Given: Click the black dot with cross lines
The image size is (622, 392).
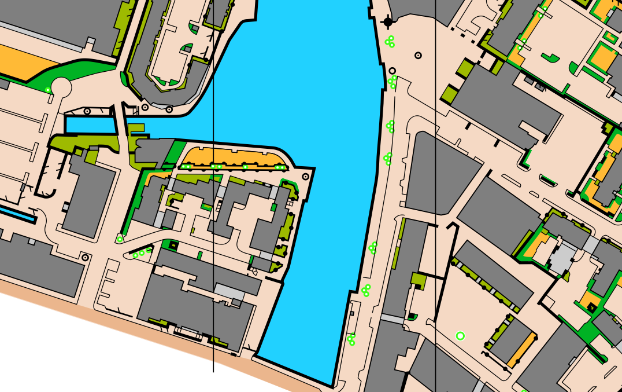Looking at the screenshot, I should coord(387,22).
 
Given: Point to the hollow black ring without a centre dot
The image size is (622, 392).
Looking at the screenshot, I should coord(393,71).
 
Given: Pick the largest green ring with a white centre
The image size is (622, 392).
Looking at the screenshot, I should coord(460,336).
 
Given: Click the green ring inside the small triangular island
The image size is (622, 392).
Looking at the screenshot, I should coord(120,239).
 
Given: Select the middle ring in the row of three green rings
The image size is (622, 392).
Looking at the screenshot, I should coord(142,253).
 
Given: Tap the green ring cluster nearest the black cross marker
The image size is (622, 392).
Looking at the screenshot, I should coord(390,42).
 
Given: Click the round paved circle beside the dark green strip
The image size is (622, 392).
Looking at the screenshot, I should coord(61,87).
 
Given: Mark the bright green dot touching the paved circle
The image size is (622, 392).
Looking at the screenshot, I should coord(48,89).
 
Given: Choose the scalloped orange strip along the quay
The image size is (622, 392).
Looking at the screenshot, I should coord(234,157).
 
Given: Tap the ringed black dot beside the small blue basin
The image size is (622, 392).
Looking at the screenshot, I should coord(87,111).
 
